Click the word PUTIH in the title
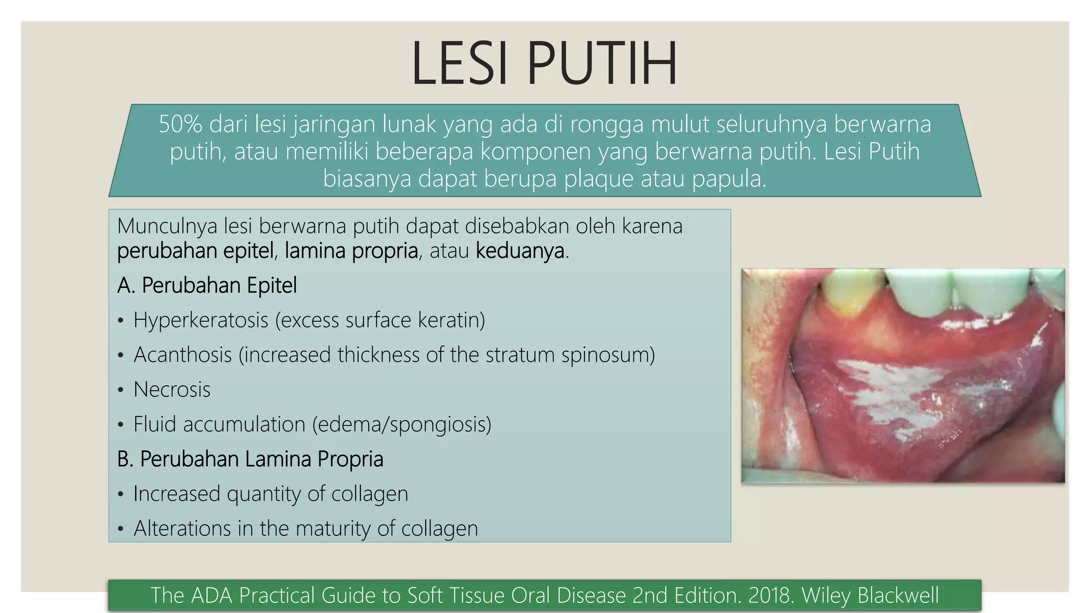pyautogui.click(x=601, y=63)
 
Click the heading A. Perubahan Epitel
pyautogui.click(x=207, y=286)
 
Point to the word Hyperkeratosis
pyautogui.click(x=201, y=320)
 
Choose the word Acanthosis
pyautogui.click(x=183, y=355)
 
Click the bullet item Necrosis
pyautogui.click(x=172, y=390)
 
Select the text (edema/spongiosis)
pyautogui.click(x=401, y=425)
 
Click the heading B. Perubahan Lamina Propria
pyautogui.click(x=250, y=459)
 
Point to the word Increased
pyautogui.click(x=177, y=494)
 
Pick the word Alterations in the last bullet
pyautogui.click(x=182, y=528)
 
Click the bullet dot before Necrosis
pyautogui.click(x=121, y=390)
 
